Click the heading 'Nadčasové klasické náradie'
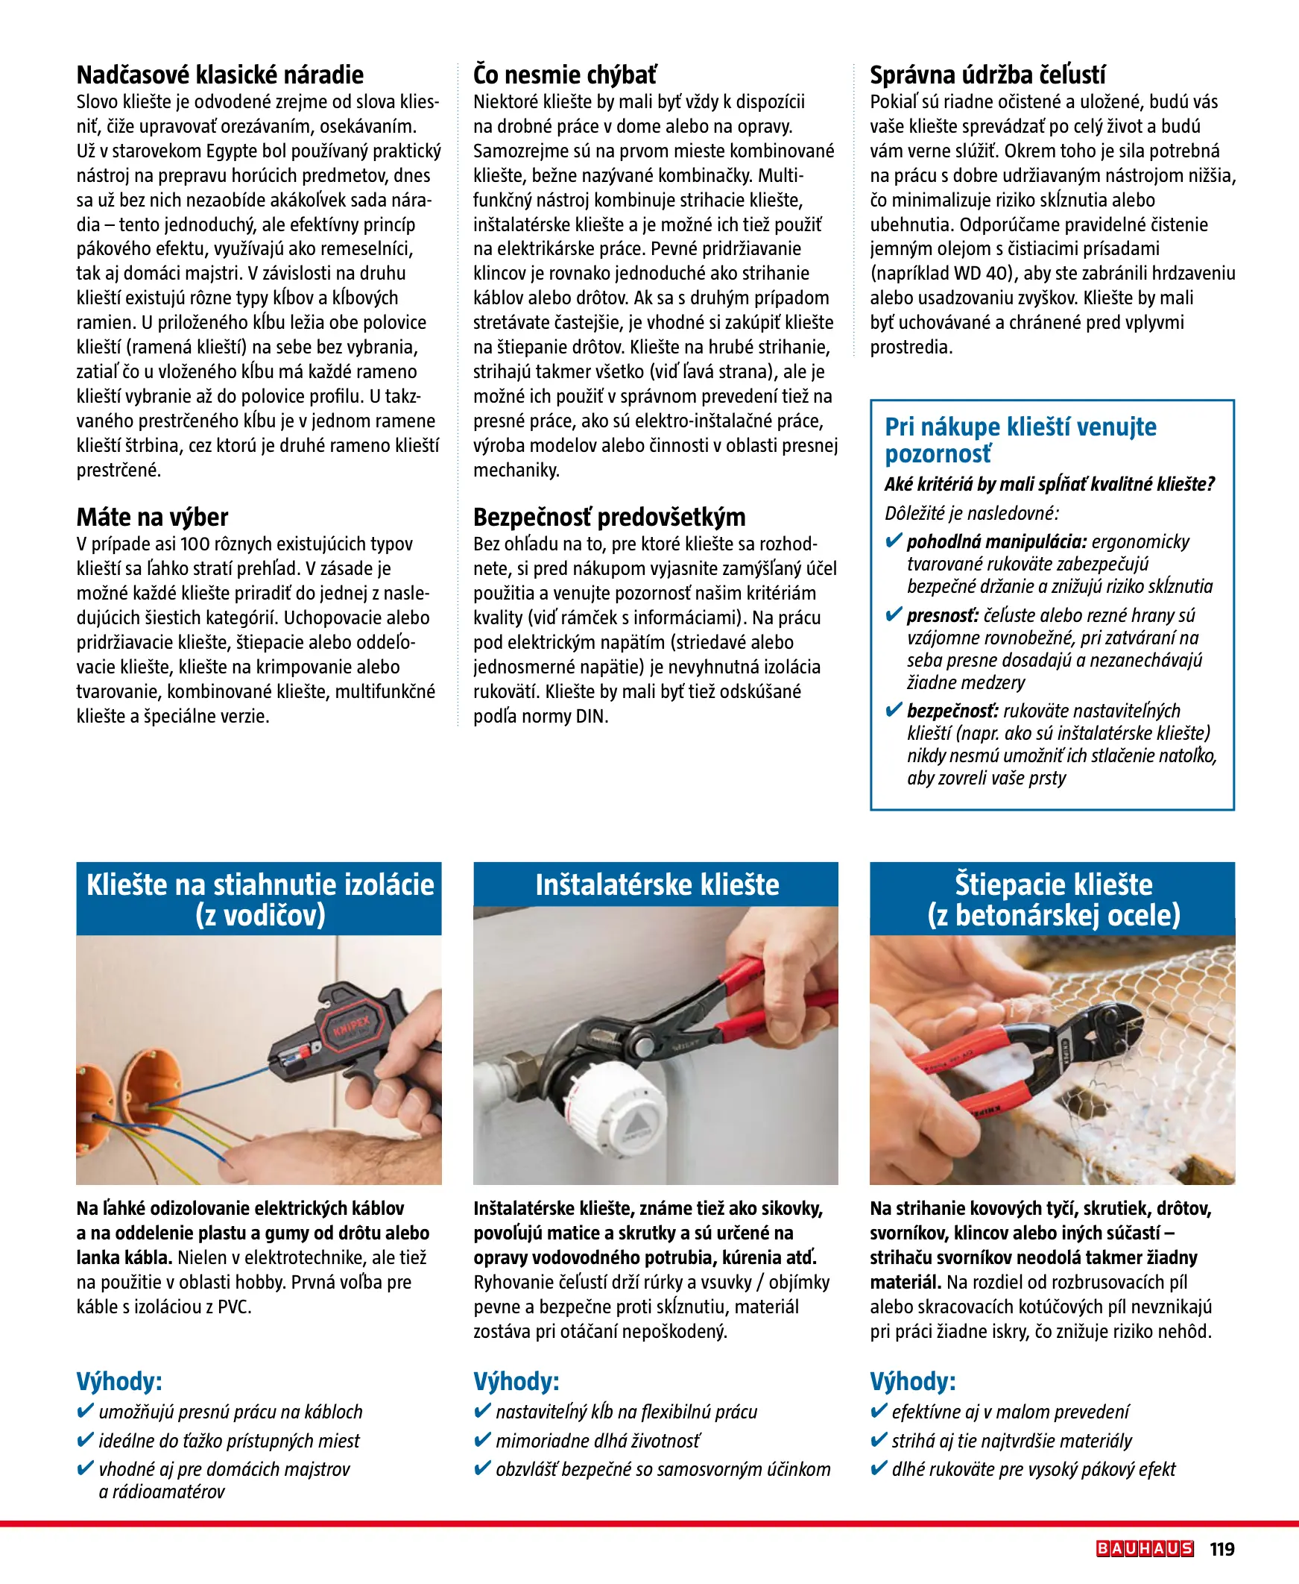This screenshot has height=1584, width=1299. tap(220, 75)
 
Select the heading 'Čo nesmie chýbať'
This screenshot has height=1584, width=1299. tap(565, 75)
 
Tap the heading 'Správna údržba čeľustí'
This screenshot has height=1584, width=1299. tap(987, 75)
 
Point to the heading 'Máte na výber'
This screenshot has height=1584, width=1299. tap(152, 517)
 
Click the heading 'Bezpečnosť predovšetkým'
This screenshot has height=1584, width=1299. tap(609, 517)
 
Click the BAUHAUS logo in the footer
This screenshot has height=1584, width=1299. tap(1144, 1549)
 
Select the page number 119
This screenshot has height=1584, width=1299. tap(1222, 1549)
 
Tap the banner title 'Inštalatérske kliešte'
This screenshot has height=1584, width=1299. tap(657, 884)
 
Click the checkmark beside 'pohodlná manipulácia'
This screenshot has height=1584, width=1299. tap(893, 541)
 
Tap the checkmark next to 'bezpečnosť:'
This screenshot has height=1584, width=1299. tap(893, 710)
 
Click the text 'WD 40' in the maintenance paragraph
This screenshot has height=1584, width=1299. tap(979, 273)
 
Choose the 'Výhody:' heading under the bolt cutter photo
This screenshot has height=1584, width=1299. tap(912, 1381)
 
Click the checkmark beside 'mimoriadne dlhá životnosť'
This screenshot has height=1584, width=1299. tap(483, 1440)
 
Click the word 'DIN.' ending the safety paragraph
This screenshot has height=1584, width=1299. tap(592, 717)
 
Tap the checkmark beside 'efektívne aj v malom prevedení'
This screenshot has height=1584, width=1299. tap(879, 1411)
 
